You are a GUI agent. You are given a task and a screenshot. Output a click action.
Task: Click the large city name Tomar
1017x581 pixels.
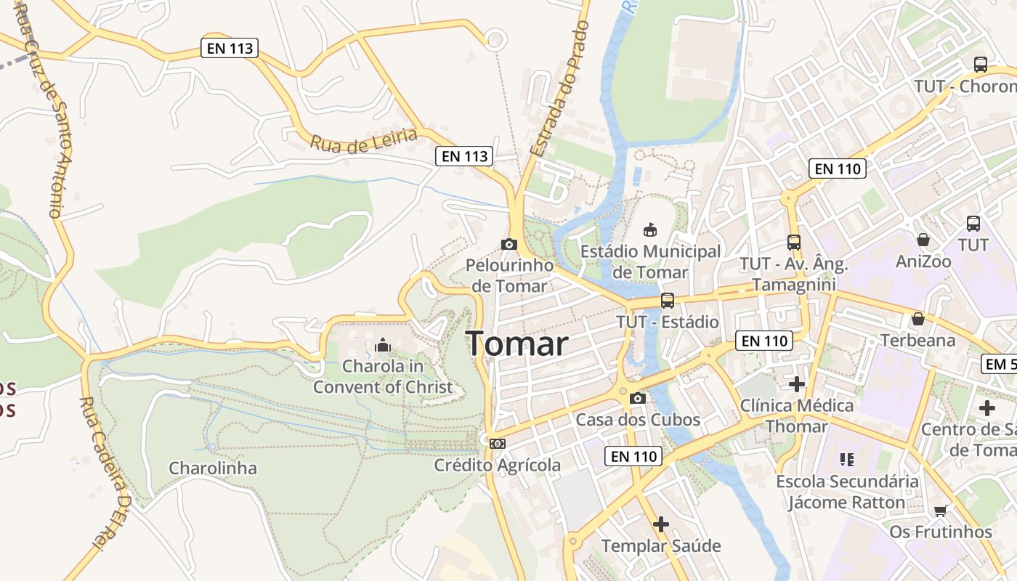516,343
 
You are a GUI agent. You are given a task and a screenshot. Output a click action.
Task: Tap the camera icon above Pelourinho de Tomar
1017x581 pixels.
508,244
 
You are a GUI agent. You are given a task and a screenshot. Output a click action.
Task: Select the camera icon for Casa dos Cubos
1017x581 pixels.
637,398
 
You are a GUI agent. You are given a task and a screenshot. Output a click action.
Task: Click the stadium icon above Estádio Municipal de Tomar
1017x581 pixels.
650,229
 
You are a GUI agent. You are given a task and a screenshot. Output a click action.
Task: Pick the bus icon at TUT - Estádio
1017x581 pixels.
667,300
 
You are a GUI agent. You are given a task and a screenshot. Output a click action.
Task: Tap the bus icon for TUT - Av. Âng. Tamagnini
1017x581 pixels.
793,243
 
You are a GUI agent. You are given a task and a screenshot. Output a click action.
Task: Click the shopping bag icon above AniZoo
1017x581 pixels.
923,239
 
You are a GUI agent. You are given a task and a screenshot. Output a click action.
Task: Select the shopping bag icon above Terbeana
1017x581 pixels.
917,318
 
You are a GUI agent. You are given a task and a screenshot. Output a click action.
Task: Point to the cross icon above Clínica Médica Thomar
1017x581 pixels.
797,383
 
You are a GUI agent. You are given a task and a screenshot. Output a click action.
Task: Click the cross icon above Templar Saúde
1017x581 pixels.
661,524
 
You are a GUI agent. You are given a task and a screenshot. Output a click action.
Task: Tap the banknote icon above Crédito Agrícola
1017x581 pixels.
497,443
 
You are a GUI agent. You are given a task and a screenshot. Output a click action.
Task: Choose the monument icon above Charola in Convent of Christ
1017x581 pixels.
383,345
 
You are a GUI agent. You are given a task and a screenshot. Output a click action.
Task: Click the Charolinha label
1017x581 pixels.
213,468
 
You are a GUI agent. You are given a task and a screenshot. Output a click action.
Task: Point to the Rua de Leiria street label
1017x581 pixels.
364,139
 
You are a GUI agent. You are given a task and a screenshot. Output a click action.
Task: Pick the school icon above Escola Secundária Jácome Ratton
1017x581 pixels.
846,459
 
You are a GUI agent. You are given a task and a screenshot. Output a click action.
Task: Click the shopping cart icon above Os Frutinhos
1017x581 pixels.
941,511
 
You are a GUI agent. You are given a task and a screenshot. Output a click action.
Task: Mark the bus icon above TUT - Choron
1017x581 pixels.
980,64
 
